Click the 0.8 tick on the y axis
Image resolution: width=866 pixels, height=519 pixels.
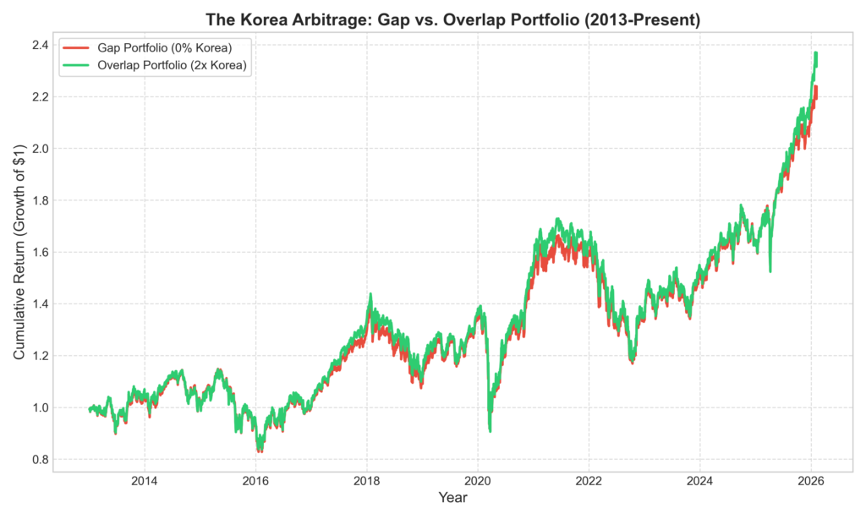tap(40, 460)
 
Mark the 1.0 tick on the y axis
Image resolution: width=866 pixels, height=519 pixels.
tap(40, 407)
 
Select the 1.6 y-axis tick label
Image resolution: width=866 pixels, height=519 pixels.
tap(40, 252)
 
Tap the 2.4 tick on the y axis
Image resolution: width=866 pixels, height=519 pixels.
tap(40, 45)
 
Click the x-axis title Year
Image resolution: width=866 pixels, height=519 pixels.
tap(452, 499)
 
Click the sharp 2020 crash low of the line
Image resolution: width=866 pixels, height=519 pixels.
tap(490, 431)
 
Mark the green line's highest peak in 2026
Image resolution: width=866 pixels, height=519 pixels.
tap(815, 53)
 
